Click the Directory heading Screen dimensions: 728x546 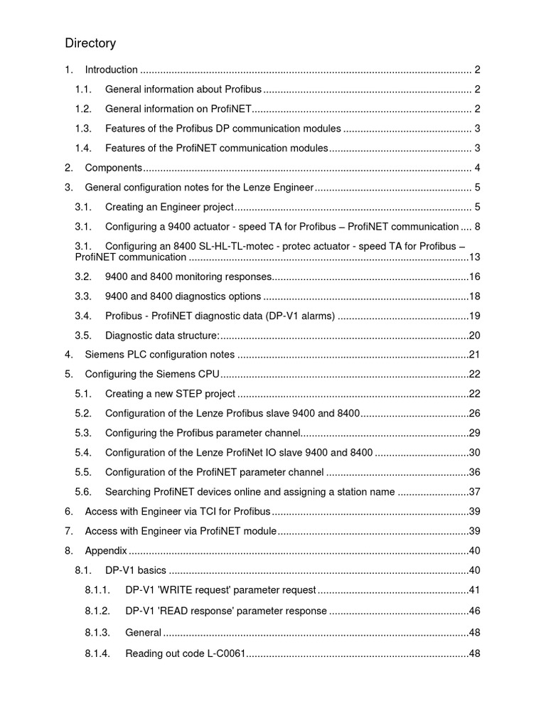[90, 43]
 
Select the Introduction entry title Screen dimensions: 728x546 [111, 70]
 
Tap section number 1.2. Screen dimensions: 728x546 [84, 109]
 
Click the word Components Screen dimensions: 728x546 [114, 168]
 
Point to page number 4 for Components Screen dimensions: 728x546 [478, 168]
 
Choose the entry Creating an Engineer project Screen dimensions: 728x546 [169, 207]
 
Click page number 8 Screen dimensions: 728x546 [478, 227]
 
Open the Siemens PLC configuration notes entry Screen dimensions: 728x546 [159, 354]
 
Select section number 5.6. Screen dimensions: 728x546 [84, 491]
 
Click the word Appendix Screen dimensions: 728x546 [106, 551]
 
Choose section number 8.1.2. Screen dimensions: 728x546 [97, 611]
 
